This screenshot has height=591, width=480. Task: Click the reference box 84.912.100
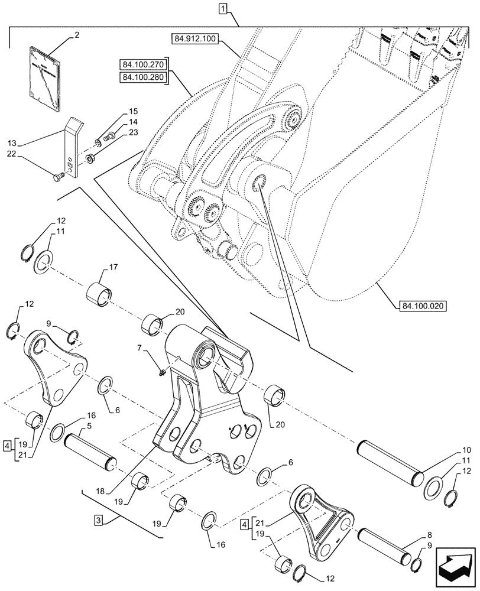pos(196,40)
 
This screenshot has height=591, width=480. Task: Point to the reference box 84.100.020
pos(422,306)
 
